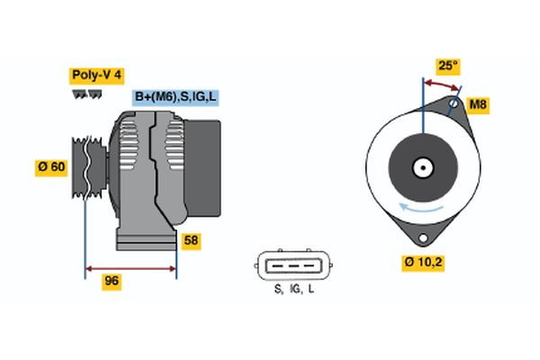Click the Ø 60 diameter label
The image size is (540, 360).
tap(51, 167)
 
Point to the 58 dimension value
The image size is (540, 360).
tap(191, 241)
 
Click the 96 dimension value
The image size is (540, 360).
tap(111, 282)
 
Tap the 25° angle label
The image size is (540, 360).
tap(447, 66)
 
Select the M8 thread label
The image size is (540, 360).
tap(479, 106)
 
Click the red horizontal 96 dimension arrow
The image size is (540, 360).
tap(130, 267)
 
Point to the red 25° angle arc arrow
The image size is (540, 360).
tap(441, 84)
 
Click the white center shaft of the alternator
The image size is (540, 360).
tap(421, 166)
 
